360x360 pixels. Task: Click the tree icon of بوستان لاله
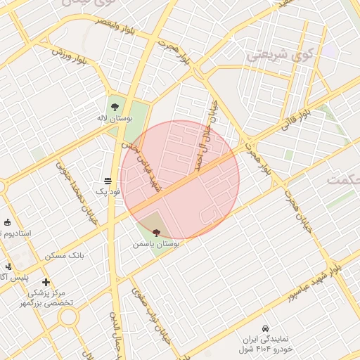click(113, 101)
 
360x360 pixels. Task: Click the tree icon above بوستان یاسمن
click(155, 231)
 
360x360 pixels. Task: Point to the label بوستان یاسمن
click(156, 244)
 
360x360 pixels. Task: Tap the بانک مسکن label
click(65, 255)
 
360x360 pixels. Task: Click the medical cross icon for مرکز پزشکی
click(46, 282)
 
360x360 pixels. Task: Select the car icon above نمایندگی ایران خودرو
click(264, 328)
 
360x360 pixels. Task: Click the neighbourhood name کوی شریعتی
click(280, 54)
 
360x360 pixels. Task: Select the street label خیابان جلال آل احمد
click(205, 137)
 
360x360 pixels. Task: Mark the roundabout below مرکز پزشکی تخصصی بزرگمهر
click(68, 317)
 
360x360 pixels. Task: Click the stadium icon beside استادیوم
click(7, 223)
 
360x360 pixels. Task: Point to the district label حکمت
click(342, 179)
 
